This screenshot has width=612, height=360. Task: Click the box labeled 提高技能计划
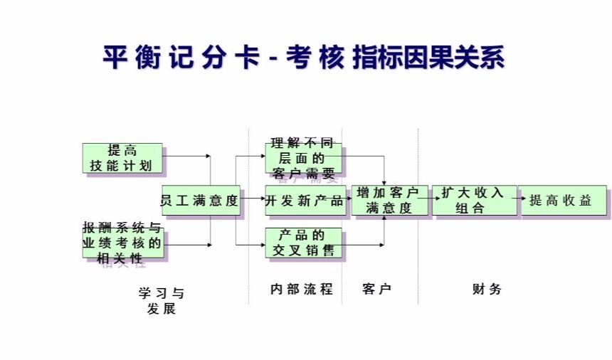[122, 159]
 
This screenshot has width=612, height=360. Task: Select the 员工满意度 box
[201, 201]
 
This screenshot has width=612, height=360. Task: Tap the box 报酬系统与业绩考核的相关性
[122, 243]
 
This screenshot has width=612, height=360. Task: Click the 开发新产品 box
[305, 201]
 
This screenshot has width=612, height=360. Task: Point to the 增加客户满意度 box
[389, 201]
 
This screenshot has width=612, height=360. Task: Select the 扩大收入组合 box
[473, 201]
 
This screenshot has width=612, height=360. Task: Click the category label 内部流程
[302, 290]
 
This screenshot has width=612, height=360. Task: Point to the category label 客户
[377, 290]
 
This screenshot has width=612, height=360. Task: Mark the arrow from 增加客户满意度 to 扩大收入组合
[431, 201]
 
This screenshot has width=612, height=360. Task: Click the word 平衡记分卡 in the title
[181, 58]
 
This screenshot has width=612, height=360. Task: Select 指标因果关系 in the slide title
[429, 58]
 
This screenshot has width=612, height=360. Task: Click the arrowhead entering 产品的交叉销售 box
[261, 245]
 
